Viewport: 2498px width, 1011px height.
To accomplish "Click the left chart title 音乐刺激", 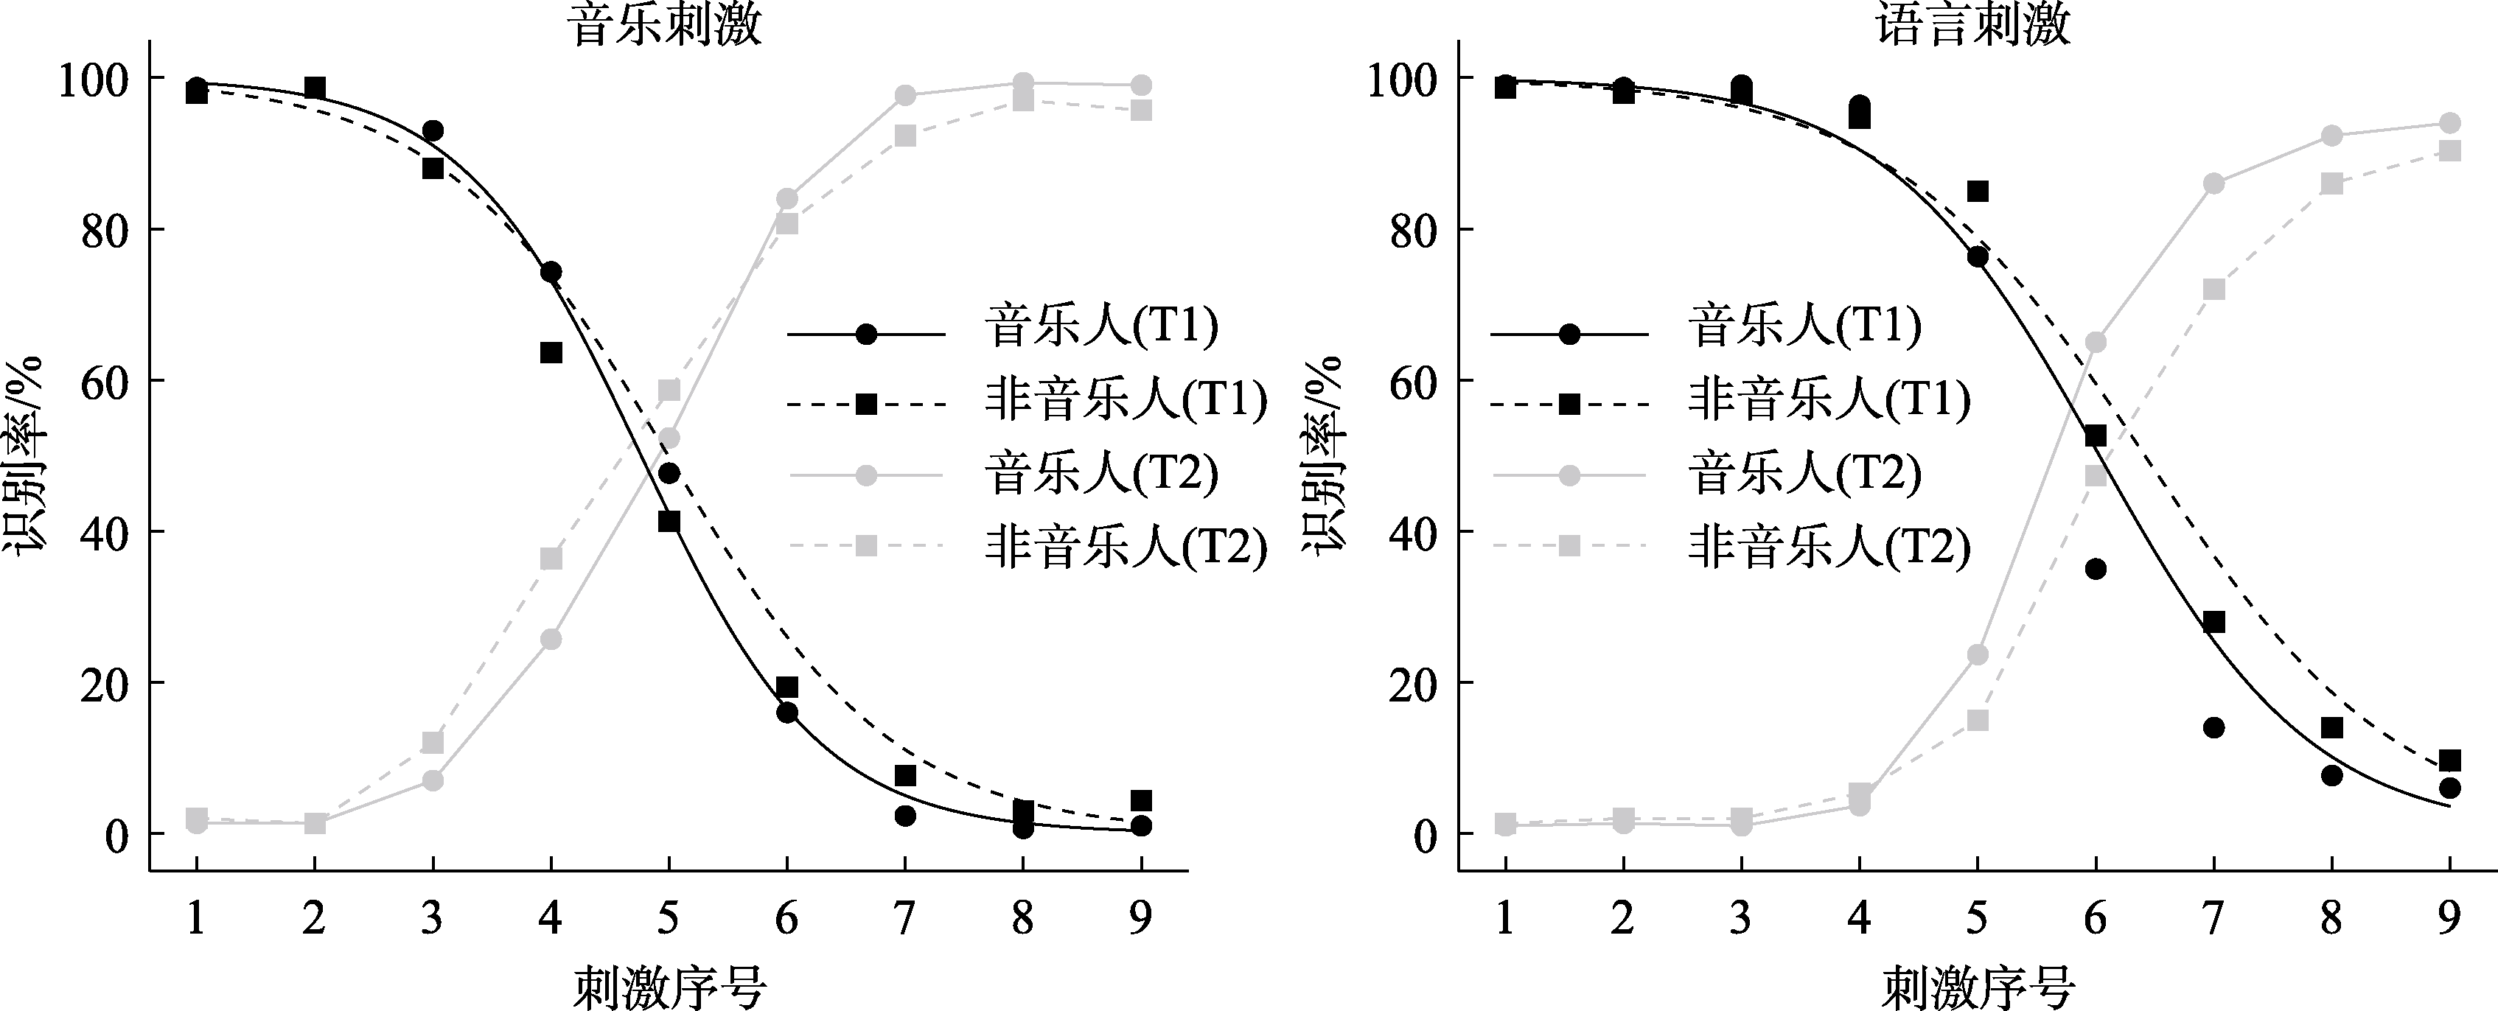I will [x=666, y=24].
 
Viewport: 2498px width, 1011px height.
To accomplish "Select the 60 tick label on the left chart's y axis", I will [x=105, y=382].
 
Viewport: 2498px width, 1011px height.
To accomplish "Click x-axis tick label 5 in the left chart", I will [x=668, y=916].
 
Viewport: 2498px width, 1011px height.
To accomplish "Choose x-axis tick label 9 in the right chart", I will [x=2449, y=916].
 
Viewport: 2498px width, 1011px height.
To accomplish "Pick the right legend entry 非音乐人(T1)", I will [x=1829, y=399].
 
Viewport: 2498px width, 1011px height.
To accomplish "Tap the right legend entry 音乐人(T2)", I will [x=1804, y=474].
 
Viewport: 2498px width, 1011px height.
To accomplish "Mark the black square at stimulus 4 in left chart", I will [x=551, y=352].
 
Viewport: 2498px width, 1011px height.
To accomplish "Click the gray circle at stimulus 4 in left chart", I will [x=551, y=640].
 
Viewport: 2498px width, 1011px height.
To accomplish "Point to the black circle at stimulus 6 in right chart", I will [x=2096, y=569].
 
